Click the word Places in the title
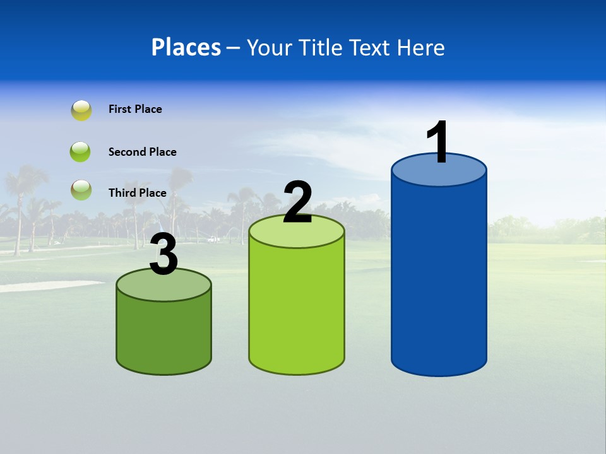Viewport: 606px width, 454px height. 186,47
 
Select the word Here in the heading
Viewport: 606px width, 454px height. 421,47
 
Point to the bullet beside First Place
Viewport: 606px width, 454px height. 81,110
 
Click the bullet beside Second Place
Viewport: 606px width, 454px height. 80,152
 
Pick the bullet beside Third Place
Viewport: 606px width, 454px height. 81,190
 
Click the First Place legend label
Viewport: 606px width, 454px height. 135,109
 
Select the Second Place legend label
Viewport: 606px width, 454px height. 142,152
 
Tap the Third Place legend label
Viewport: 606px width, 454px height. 137,193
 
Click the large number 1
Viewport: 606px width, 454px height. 438,143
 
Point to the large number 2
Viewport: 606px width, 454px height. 297,202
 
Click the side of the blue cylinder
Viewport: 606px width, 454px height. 439,277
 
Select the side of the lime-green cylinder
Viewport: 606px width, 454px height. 297,309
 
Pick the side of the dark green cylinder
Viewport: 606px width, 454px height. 163,334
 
